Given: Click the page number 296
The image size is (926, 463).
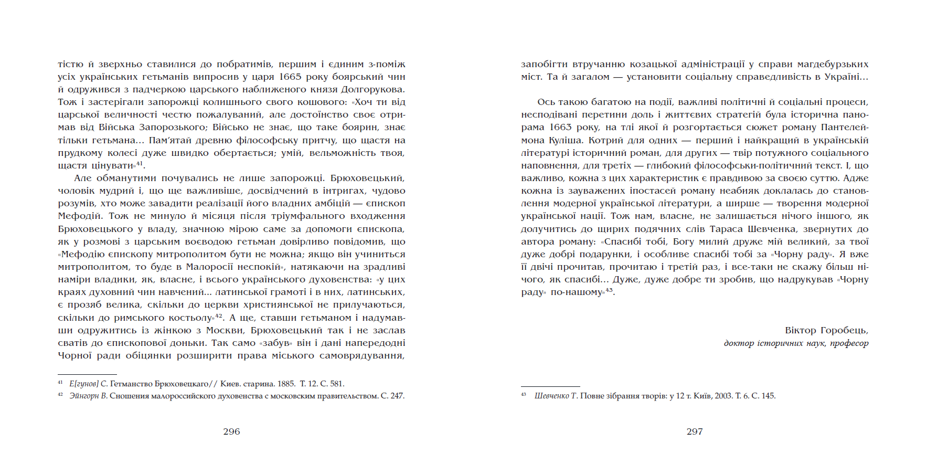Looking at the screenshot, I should click(231, 432).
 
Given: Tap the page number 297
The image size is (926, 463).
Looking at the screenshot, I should click(694, 432).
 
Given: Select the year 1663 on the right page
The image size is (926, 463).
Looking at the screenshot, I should click(560, 128).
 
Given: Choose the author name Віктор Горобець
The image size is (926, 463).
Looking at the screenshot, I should click(826, 330).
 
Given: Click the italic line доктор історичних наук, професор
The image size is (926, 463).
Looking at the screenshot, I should click(796, 343).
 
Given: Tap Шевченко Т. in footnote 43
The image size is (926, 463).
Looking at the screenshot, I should click(556, 396).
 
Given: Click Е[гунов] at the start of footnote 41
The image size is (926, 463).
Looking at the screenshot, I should click(84, 384).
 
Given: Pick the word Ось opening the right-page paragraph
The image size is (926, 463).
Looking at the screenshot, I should click(546, 102).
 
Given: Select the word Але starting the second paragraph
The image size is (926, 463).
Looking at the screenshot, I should click(83, 178).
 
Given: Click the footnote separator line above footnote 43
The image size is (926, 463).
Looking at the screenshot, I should click(550, 387).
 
